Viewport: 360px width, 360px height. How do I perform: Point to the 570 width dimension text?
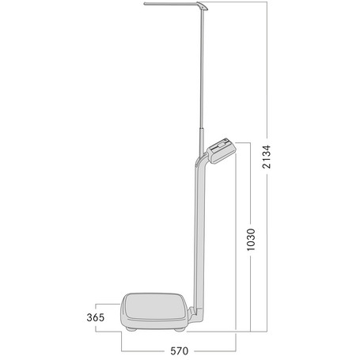[179, 349]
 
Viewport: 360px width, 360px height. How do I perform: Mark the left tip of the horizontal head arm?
[146, 6]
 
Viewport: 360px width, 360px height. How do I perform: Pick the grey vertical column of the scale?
[195, 237]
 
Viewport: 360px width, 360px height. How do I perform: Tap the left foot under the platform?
[131, 327]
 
